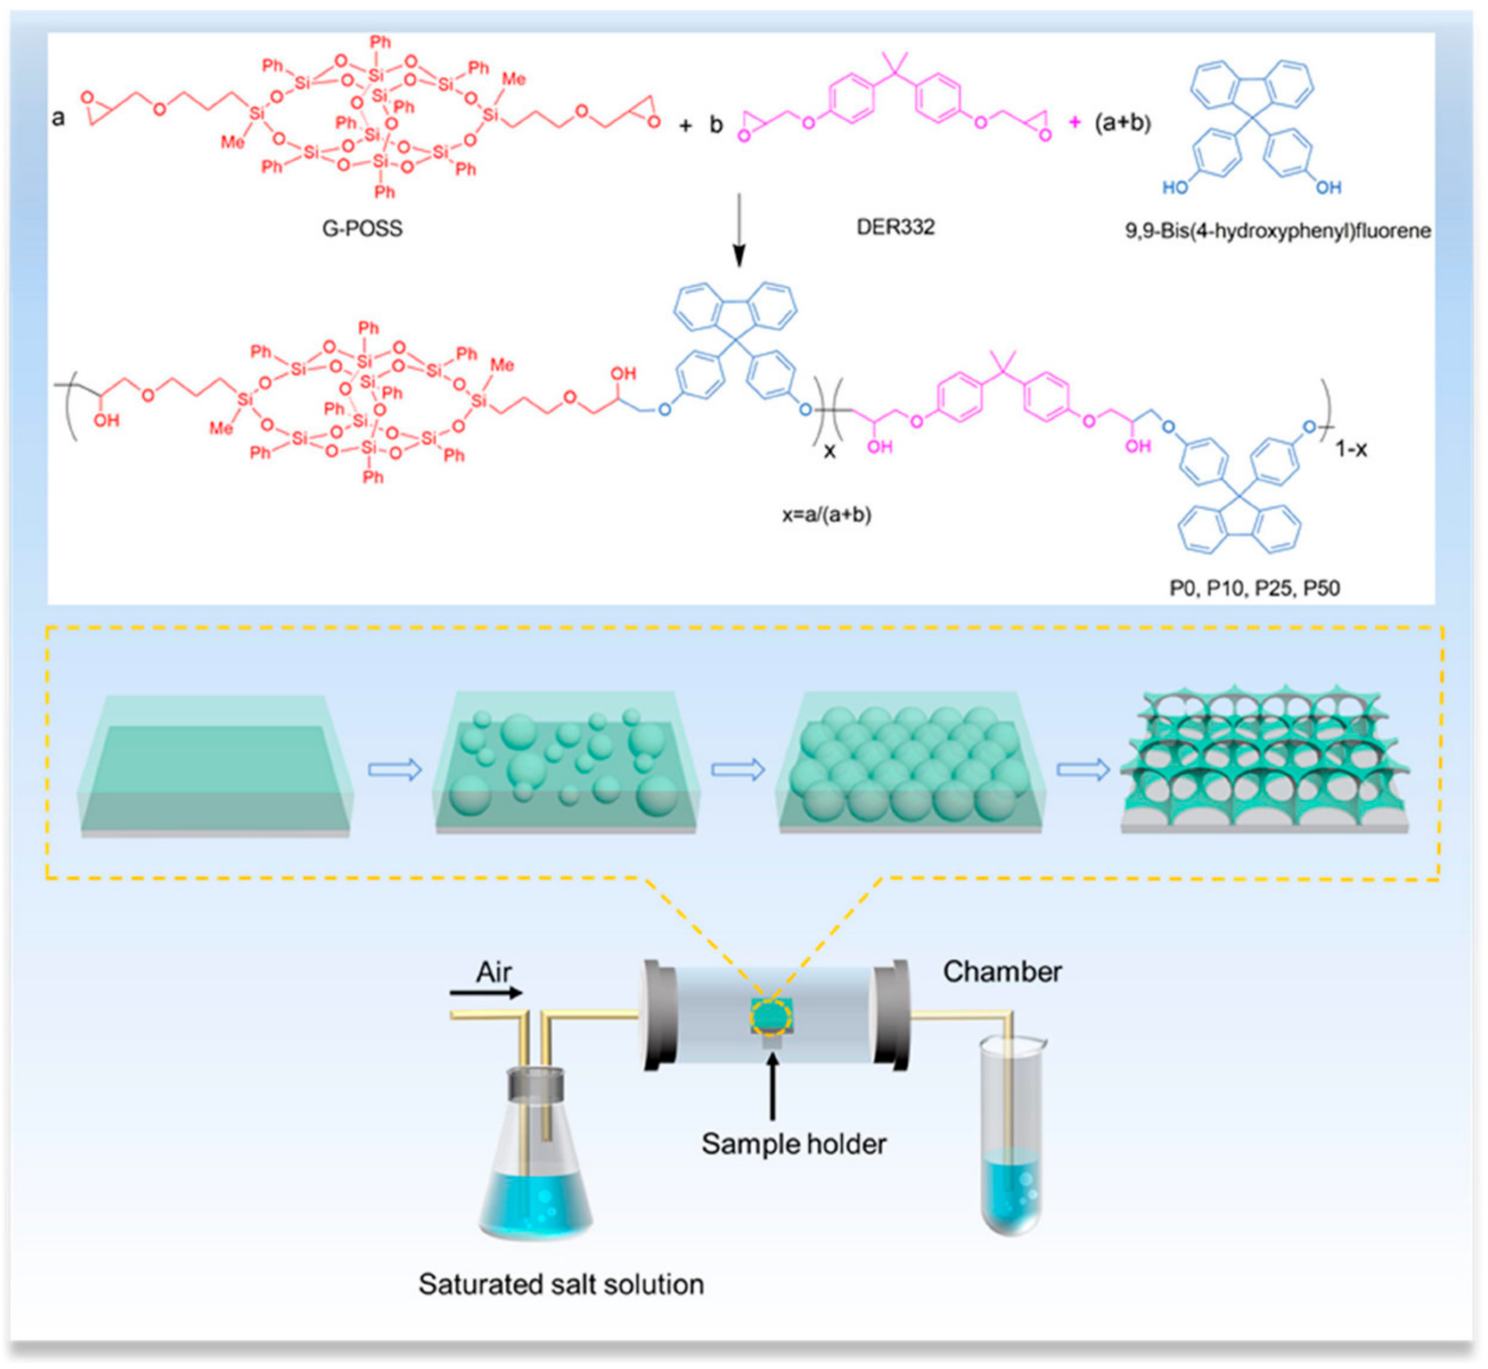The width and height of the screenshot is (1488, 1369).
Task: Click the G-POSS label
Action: coord(362,228)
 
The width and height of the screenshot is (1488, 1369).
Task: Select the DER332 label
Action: coord(895,227)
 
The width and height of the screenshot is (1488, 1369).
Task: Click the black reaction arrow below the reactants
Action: coord(738,230)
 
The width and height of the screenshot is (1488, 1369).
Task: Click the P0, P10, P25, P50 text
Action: coord(1255,588)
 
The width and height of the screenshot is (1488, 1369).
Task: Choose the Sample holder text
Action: coord(793,1144)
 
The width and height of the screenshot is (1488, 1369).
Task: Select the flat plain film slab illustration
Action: coord(215,767)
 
